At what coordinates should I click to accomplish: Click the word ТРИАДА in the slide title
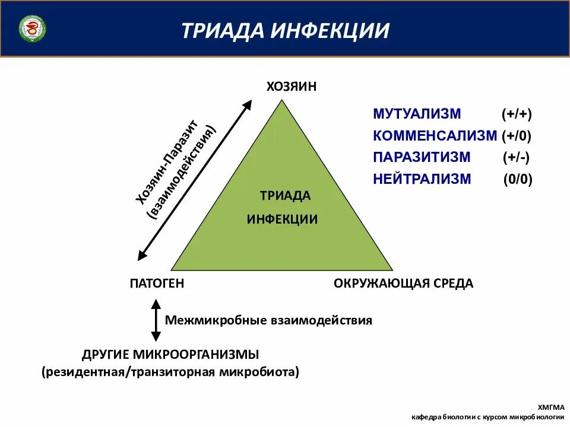tap(223, 30)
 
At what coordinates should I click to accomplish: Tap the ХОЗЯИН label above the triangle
tap(292, 87)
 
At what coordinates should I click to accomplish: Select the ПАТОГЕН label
tap(157, 283)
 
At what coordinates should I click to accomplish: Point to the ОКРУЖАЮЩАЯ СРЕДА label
tap(403, 283)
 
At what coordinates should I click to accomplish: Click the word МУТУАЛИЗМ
tap(417, 114)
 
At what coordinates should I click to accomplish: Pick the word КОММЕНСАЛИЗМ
tap(435, 135)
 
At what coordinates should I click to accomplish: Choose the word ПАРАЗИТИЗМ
tap(422, 157)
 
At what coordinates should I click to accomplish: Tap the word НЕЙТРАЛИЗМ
tap(422, 179)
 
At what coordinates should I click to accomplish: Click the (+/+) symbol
tap(516, 114)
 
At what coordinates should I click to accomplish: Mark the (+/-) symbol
tap(516, 157)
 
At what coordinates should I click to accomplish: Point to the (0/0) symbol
tap(518, 179)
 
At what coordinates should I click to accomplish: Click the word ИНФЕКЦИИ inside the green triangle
tap(282, 219)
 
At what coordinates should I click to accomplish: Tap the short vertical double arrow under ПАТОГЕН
tap(156, 320)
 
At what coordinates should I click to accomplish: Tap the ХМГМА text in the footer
tap(550, 407)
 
